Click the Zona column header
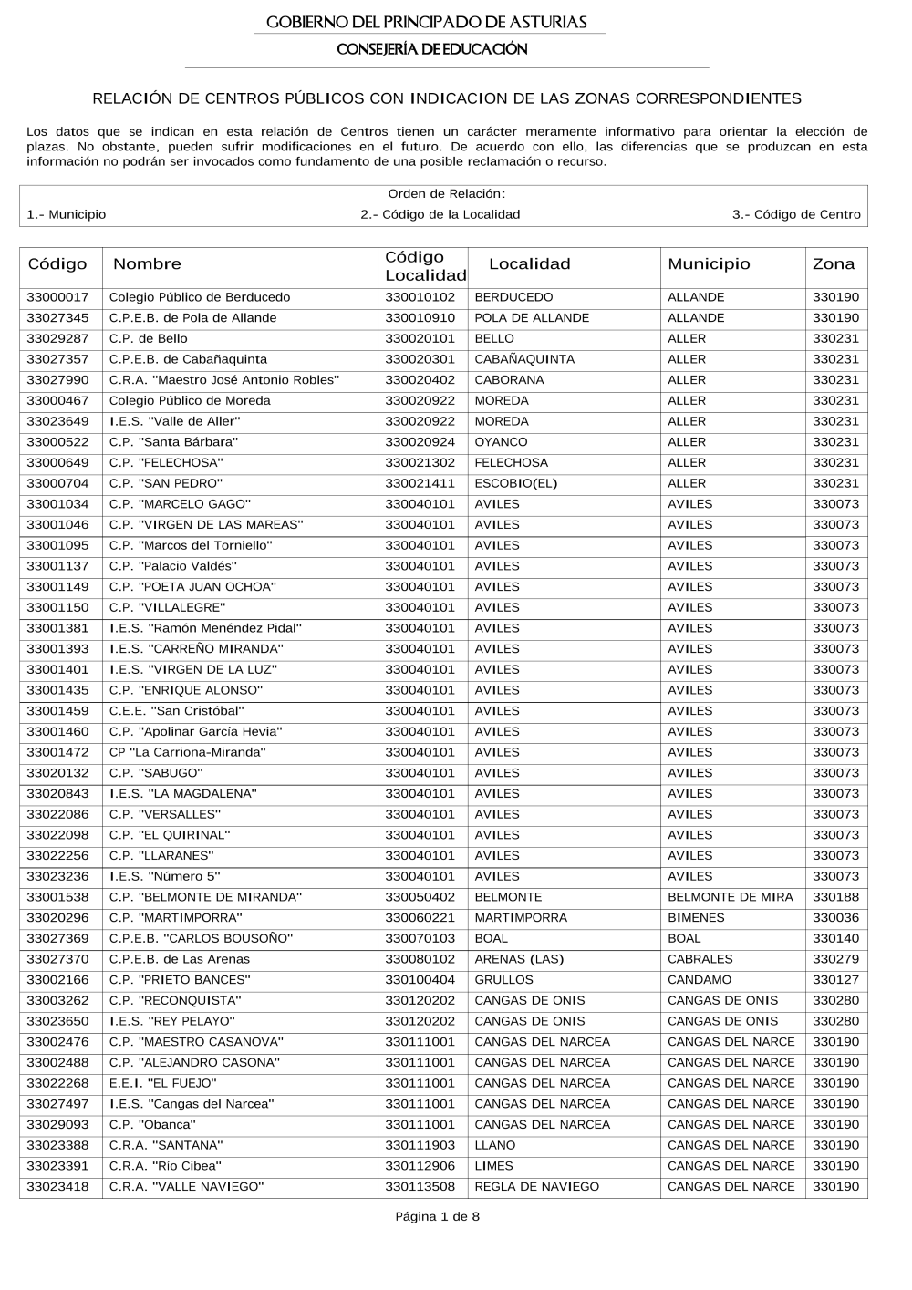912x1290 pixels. coord(834,264)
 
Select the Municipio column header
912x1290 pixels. coord(709,264)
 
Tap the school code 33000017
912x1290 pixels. coord(57,297)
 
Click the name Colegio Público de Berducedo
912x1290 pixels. coord(200,297)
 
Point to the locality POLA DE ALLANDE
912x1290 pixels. coord(532,318)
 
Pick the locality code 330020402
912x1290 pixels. coord(420,380)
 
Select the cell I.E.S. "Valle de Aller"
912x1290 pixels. coord(174,421)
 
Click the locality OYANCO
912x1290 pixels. coord(501,442)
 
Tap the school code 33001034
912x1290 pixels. coord(57,504)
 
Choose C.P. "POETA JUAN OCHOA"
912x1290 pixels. coord(192,587)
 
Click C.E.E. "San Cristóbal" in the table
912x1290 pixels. coord(176,711)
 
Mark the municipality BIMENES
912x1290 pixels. coord(696,918)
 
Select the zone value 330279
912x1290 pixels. coord(835,959)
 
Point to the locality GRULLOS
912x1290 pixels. coord(503,980)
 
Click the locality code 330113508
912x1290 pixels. coord(420,1187)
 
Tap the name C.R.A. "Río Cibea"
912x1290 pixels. coord(165,1166)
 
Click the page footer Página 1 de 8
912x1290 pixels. coord(437,1216)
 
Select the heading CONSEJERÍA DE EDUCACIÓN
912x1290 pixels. coord(431,49)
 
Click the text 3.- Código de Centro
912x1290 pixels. coord(795,215)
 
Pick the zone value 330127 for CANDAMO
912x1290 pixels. coord(835,980)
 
